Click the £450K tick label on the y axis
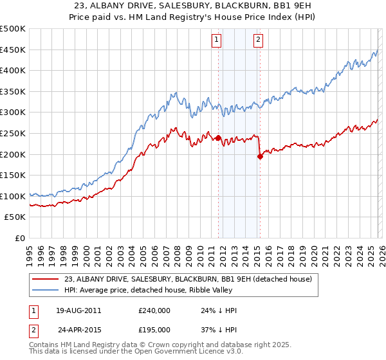[13, 50]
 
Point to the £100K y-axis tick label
[13, 196]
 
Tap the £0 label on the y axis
[20, 238]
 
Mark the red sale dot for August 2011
[218, 138]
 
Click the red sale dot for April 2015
[260, 156]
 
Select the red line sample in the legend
[46, 279]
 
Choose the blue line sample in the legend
[46, 290]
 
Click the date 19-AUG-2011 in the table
[78, 310]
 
